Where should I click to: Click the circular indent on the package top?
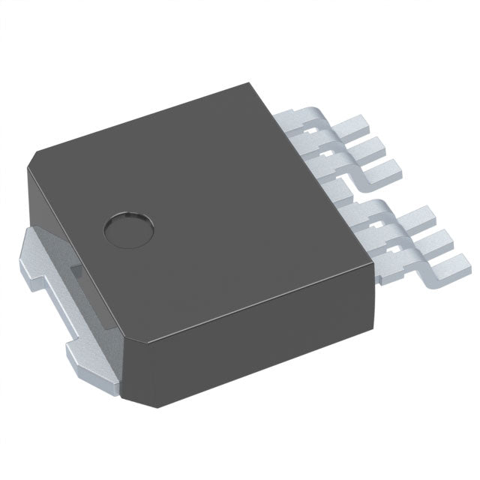128,229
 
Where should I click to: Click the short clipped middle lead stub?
340,189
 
